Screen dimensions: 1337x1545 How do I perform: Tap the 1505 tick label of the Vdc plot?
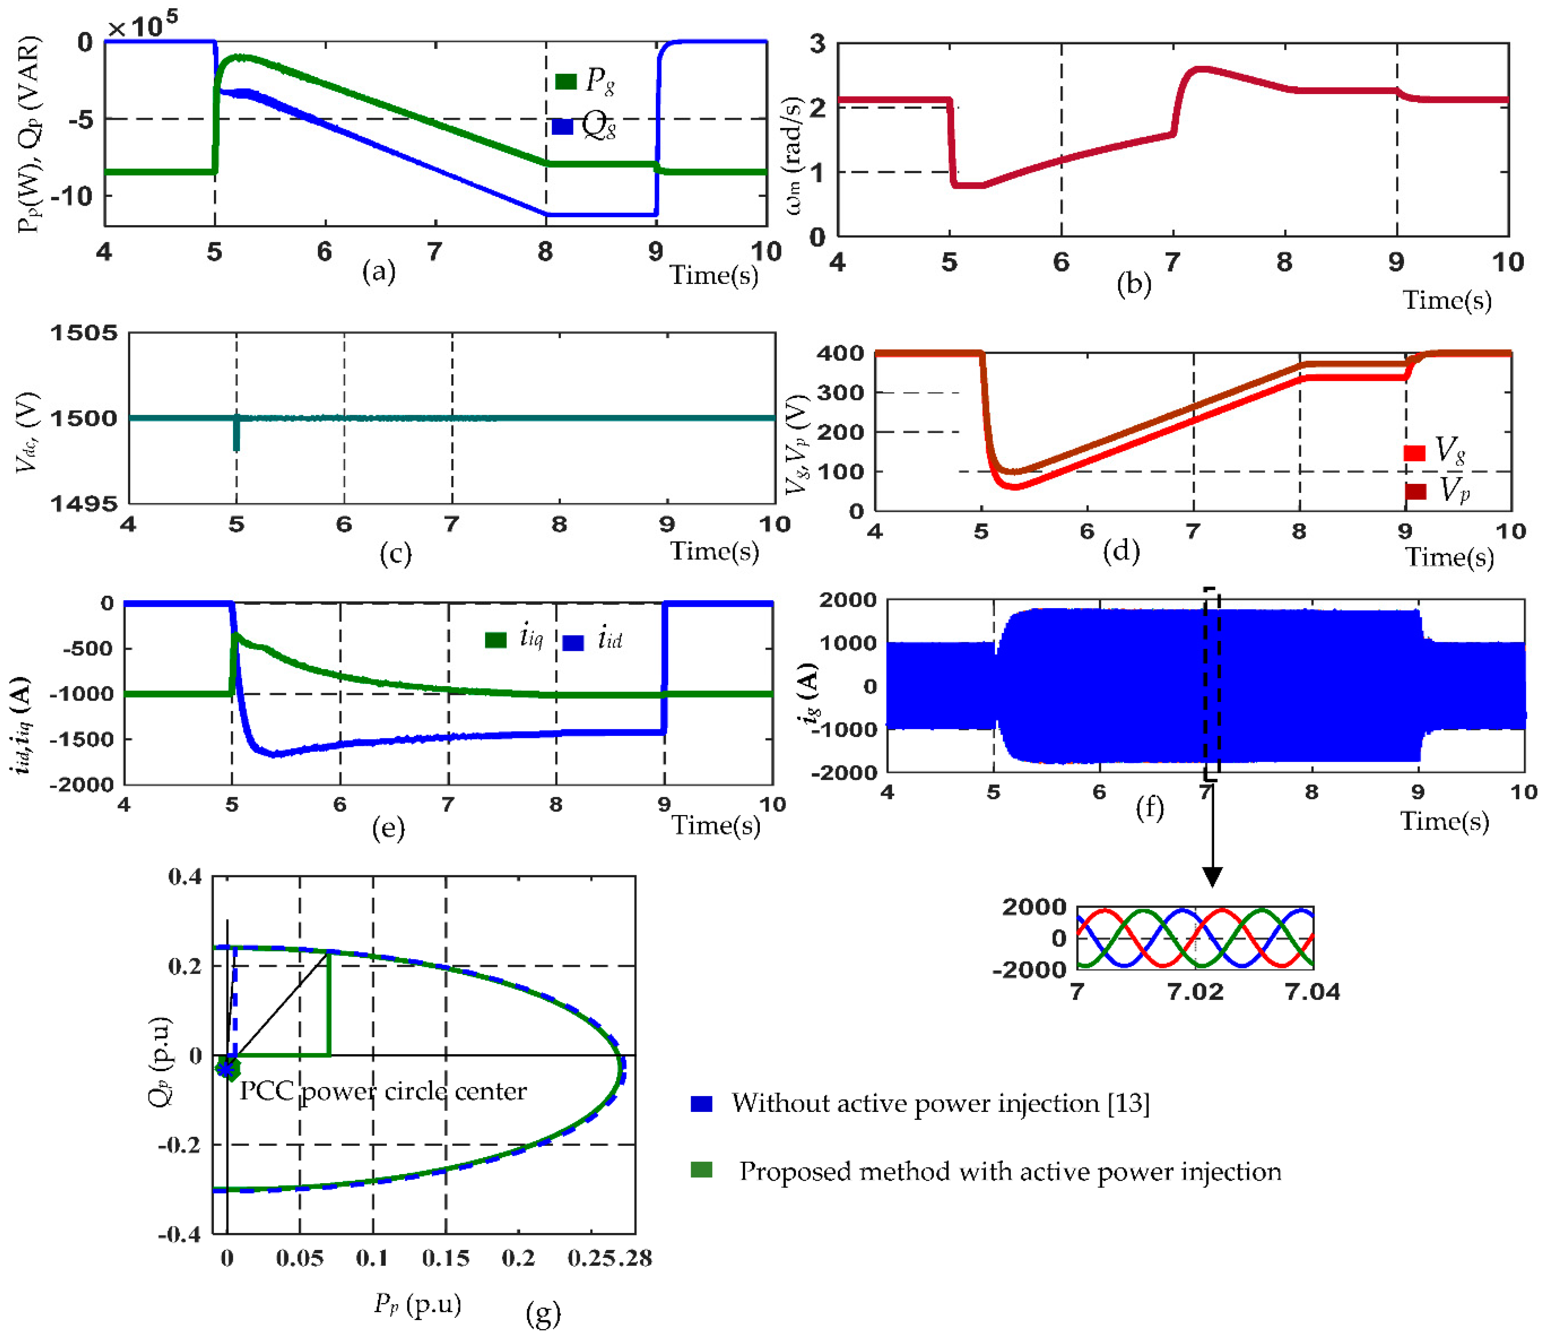click(x=84, y=333)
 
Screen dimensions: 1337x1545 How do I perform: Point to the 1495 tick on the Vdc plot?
click(x=84, y=504)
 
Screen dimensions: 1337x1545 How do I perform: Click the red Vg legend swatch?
click(x=1414, y=452)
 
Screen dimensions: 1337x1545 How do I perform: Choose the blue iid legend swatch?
click(x=573, y=642)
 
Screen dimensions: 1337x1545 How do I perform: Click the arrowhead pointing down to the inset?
click(x=1212, y=877)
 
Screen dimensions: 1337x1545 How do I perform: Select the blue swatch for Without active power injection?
click(x=701, y=1104)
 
